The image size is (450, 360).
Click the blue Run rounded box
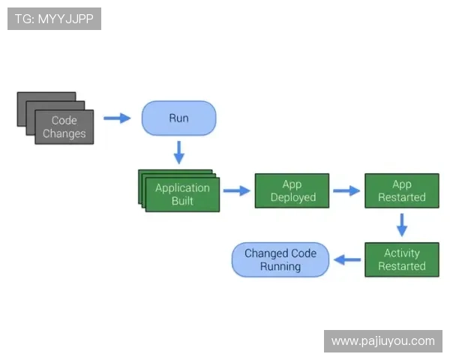[178, 118]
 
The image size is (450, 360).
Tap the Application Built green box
[182, 194]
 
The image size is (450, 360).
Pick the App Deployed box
[292, 190]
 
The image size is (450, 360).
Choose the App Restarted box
[401, 190]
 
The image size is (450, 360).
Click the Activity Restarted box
[401, 259]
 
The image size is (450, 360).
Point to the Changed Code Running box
[280, 259]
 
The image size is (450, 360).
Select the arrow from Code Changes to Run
[116, 118]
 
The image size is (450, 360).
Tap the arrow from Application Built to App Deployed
[236, 190]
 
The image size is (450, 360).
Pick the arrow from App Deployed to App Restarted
[346, 190]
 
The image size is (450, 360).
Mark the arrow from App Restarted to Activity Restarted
[401, 224]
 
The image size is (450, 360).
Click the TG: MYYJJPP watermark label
[54, 19]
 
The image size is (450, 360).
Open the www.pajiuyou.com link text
[382, 341]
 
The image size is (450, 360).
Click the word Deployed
[293, 197]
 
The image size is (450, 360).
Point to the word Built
[182, 201]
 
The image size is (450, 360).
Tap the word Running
[280, 266]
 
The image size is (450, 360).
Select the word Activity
[401, 253]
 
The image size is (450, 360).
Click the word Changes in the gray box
[64, 133]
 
